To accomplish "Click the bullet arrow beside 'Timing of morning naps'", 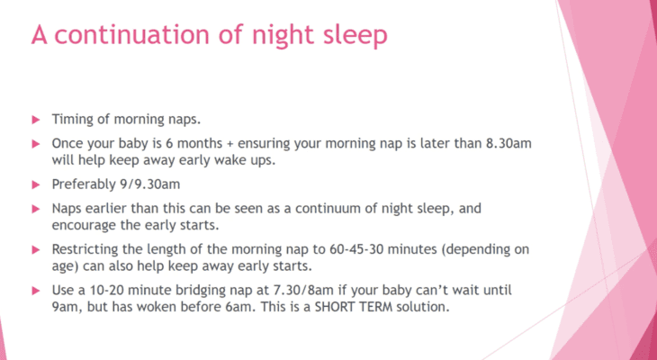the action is click(x=36, y=120).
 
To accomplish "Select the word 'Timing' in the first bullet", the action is click(x=69, y=120).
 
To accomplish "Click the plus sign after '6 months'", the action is click(x=230, y=145).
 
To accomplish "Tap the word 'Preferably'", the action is click(x=81, y=184).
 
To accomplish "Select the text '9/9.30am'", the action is click(x=147, y=184).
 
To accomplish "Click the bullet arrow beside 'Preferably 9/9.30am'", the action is click(x=36, y=184).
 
